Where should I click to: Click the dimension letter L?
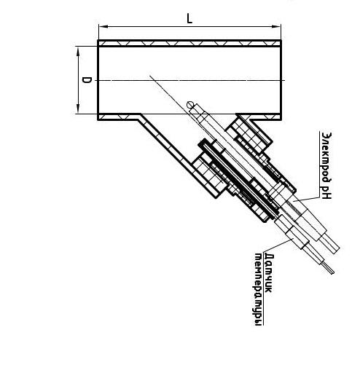189,18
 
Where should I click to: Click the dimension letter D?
86,80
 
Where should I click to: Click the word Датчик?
268,273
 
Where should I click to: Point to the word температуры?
258,289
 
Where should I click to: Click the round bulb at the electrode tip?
190,105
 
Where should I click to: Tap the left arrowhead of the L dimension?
103,26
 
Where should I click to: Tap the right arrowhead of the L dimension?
276,26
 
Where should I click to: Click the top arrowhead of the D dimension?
78,51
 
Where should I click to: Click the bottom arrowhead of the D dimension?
78,109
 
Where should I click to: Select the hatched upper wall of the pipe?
189,43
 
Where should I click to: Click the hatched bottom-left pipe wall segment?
118,117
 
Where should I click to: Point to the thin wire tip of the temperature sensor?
332,272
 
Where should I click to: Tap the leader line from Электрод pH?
307,199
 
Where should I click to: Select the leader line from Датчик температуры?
278,245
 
